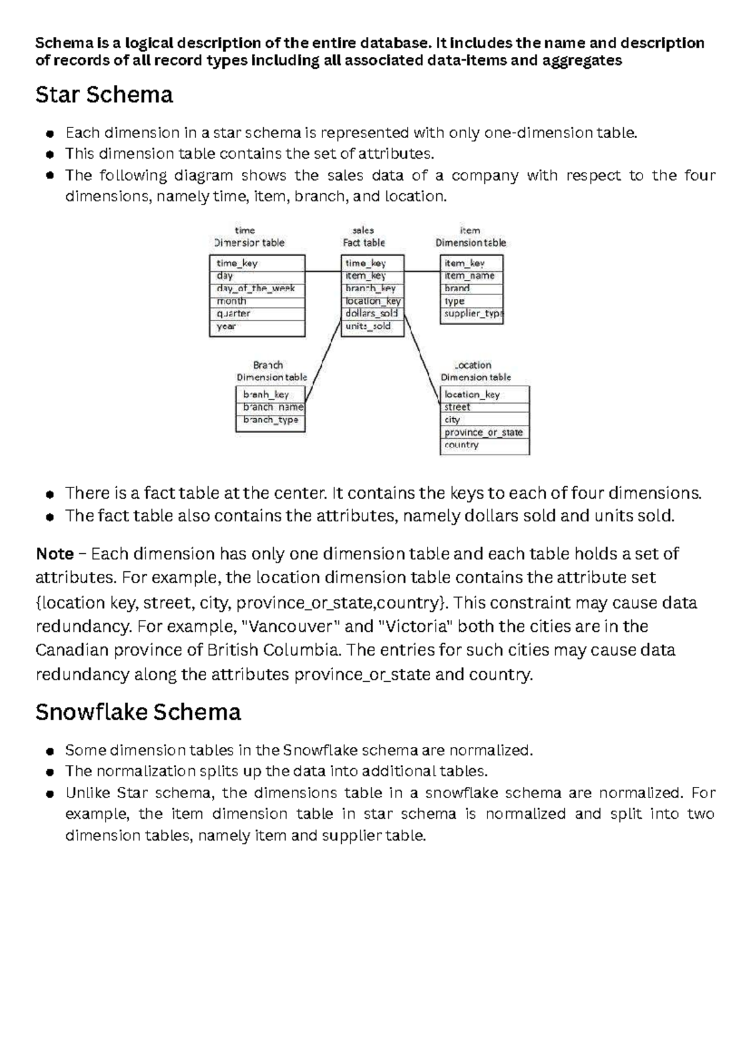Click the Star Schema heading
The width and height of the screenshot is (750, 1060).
tap(104, 95)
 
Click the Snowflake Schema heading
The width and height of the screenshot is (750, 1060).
tap(138, 712)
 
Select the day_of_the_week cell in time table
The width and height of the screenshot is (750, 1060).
tap(256, 289)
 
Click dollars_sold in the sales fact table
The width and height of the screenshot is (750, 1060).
tap(371, 314)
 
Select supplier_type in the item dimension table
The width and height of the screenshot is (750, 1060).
tap(472, 314)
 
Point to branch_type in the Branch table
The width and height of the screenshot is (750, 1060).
tap(271, 420)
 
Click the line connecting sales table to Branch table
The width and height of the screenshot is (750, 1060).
tap(324, 360)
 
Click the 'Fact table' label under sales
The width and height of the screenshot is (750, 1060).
tap(364, 243)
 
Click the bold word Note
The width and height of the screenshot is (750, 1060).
tap(54, 554)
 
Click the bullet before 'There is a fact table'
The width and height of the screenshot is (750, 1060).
tap(49, 494)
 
